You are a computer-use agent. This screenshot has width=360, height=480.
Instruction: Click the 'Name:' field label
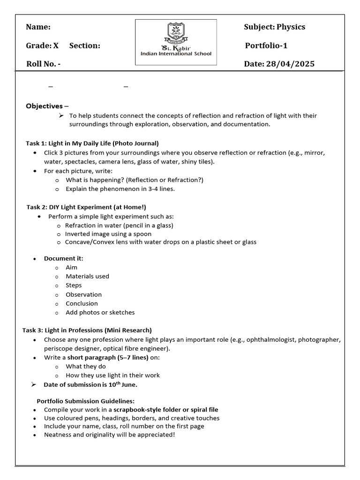click(x=38, y=27)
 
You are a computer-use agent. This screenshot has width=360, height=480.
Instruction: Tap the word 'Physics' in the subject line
click(x=291, y=27)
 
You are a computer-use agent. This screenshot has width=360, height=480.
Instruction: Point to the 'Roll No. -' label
click(x=43, y=64)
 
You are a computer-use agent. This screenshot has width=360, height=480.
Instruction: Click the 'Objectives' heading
click(x=44, y=106)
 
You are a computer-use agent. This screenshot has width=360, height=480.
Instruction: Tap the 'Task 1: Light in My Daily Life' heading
click(x=92, y=143)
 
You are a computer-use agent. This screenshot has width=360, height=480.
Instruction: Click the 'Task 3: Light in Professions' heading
click(x=87, y=330)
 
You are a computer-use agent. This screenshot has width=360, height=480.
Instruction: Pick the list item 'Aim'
click(x=72, y=267)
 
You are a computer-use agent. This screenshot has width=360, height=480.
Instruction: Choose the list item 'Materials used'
click(x=87, y=276)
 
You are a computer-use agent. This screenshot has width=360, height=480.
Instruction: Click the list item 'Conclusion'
click(x=82, y=303)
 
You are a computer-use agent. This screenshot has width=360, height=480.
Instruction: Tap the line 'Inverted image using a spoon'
click(x=108, y=233)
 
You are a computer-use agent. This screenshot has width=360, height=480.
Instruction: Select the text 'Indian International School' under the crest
click(x=176, y=54)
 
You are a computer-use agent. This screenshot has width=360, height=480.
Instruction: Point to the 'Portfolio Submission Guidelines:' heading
click(x=86, y=401)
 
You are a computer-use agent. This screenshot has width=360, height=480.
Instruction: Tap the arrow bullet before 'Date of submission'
click(x=33, y=384)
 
